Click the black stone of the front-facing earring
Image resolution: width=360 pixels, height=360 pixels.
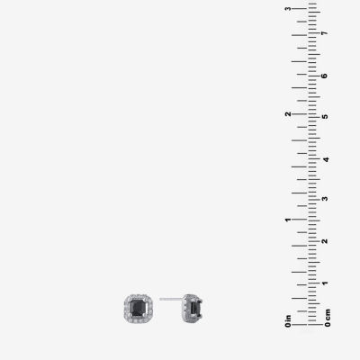click(138, 308)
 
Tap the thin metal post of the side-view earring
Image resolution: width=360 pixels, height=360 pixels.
click(171, 299)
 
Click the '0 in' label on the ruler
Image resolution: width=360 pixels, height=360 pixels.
click(288, 321)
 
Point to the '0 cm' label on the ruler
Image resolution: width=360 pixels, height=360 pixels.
click(328, 318)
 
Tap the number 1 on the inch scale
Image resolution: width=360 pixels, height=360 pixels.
click(288, 220)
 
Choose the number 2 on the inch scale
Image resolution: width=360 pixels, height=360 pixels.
click(288, 114)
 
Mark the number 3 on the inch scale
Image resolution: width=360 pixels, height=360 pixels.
click(288, 8)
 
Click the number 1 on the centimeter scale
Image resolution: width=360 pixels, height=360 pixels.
click(324, 283)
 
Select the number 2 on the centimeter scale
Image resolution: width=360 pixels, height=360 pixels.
click(324, 241)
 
